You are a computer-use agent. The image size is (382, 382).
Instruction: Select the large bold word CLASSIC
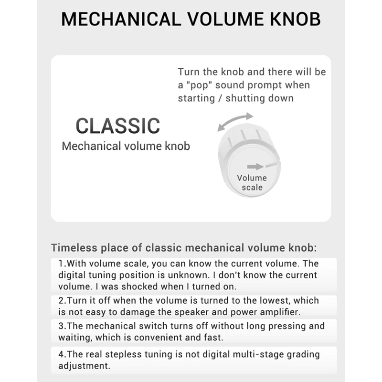point(118,126)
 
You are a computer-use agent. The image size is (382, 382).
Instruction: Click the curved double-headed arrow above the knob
point(235,121)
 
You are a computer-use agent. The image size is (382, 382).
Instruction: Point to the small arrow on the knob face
point(255,166)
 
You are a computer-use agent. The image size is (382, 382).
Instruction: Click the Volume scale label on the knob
point(252,182)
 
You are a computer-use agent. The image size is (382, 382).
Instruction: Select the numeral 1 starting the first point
point(61,264)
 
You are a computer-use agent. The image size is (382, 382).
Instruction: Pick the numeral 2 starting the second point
point(61,301)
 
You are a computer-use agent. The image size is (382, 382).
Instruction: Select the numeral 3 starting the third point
point(61,326)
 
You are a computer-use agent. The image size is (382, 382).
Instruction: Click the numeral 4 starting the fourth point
point(61,354)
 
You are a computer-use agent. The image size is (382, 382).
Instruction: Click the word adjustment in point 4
point(84,366)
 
